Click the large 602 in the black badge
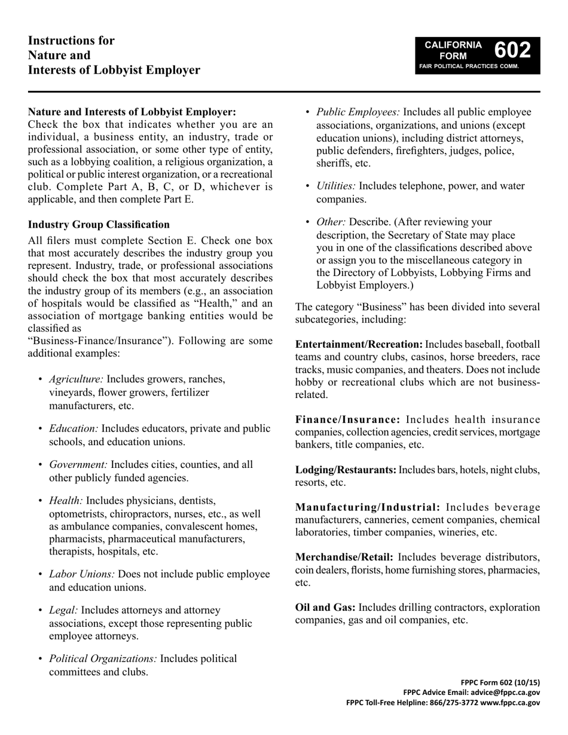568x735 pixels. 513,50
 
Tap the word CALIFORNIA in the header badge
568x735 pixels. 453,45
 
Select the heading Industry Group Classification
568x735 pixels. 99,225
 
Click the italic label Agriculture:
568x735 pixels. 76,379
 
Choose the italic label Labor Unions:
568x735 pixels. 82,574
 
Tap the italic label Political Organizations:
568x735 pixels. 103,659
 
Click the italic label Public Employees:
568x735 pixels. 358,112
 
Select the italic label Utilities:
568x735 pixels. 336,186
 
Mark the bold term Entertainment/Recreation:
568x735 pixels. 359,345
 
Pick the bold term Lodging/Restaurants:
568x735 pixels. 346,470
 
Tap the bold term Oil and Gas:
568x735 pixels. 325,608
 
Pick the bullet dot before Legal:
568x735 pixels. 40,611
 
